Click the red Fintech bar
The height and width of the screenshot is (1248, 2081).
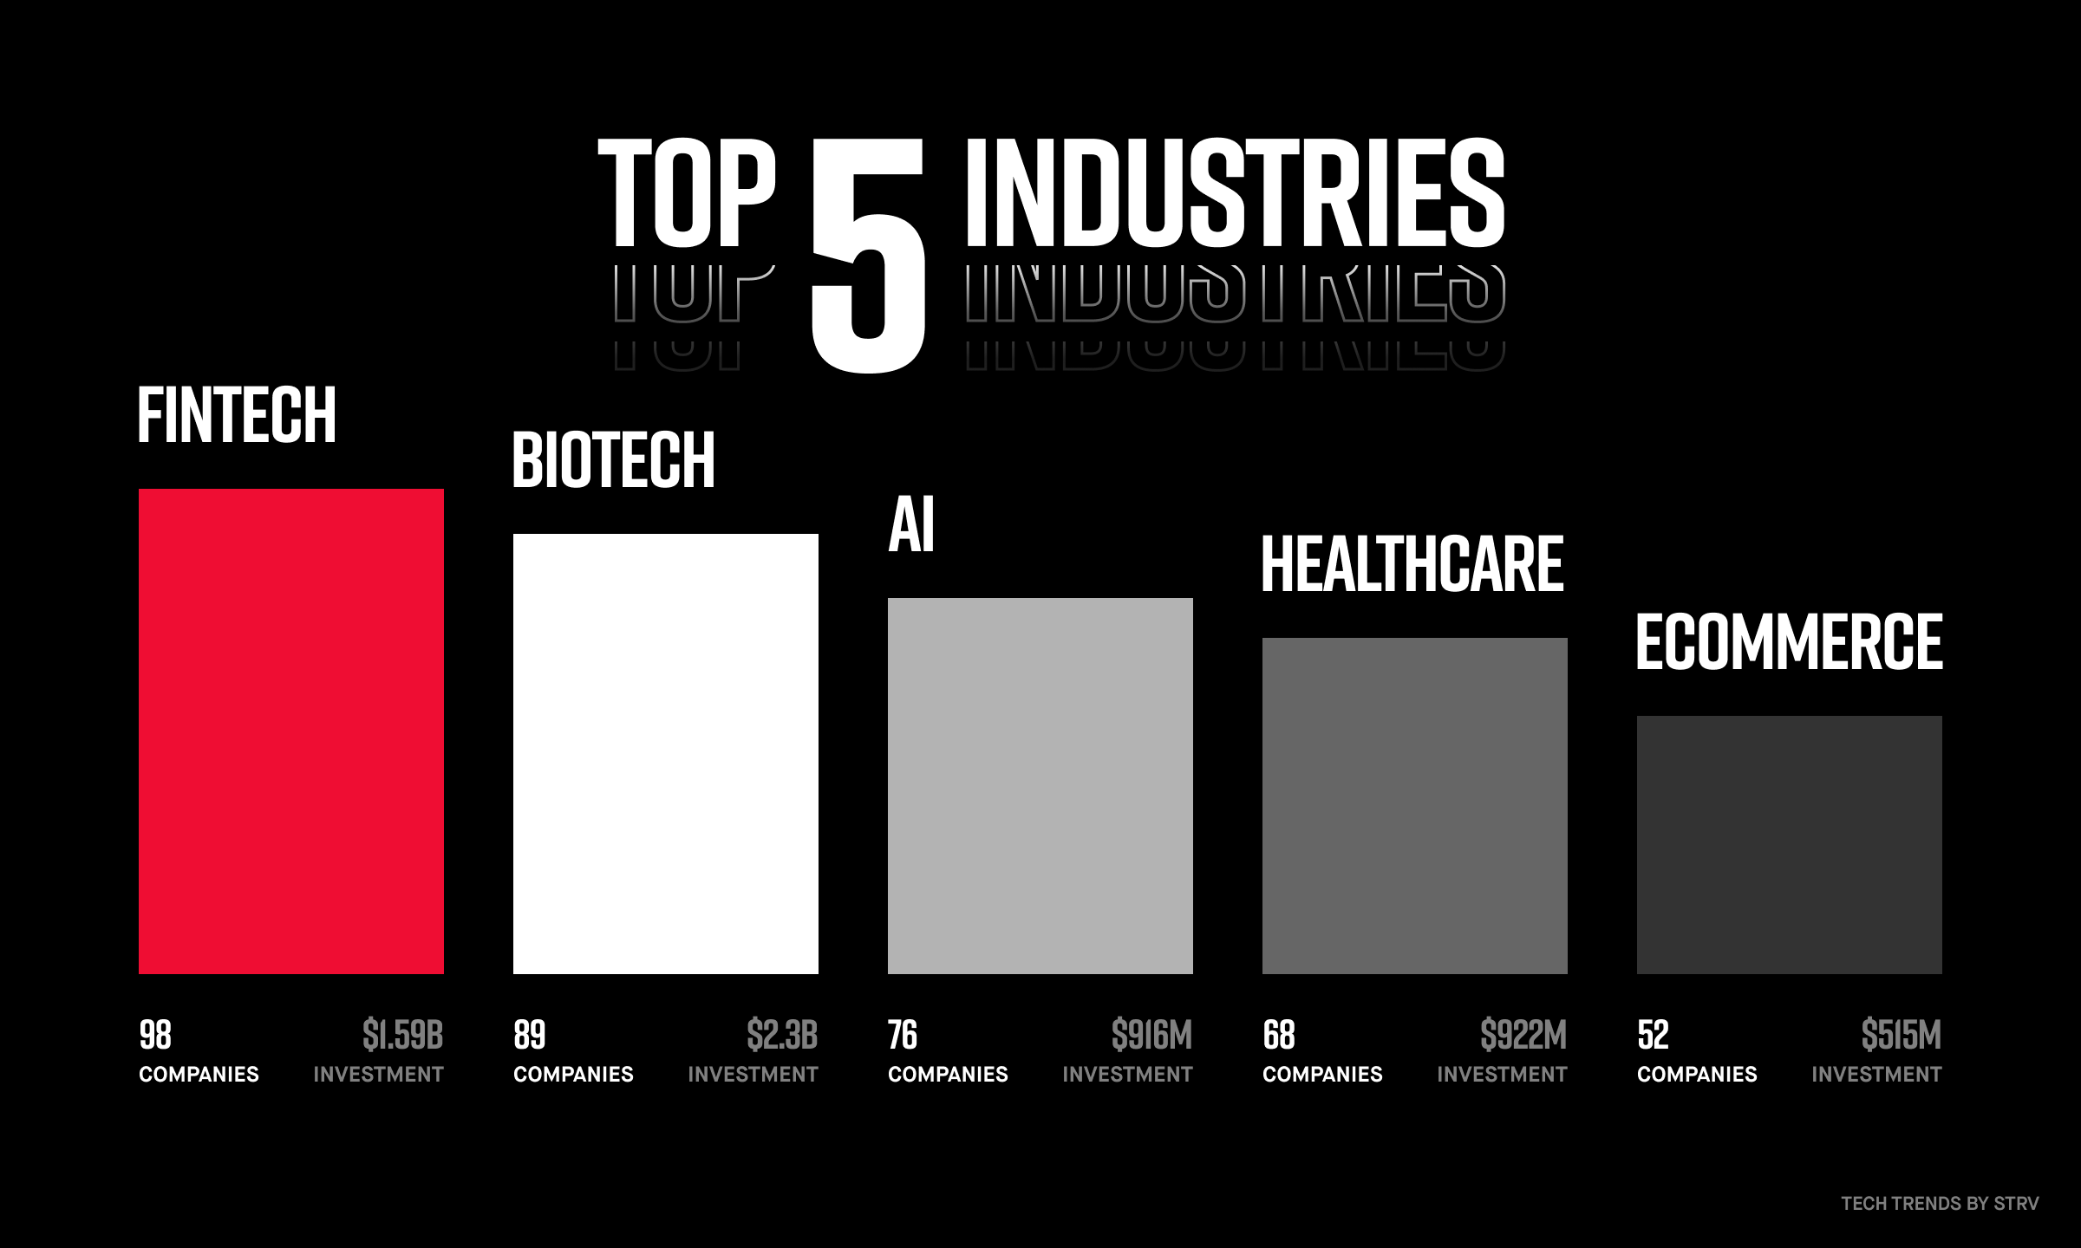(291, 731)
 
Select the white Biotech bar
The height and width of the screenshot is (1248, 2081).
(666, 754)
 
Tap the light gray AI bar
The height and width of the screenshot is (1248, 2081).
(1040, 786)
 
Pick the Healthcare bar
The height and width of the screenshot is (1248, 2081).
(1415, 806)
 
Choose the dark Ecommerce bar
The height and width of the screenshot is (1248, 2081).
(1790, 845)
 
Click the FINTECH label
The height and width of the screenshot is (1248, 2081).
(237, 416)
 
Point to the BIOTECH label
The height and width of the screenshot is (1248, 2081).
(614, 460)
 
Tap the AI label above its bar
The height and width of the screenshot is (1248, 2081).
(911, 525)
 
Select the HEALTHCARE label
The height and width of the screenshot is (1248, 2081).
(1412, 565)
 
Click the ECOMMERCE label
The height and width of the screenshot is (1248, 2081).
(1790, 642)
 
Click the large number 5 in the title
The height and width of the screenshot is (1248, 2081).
(868, 252)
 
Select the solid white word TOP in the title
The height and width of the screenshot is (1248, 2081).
(686, 192)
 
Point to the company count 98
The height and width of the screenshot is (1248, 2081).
(156, 1035)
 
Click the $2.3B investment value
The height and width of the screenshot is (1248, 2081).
(782, 1035)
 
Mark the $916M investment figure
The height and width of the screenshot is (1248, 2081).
(1152, 1035)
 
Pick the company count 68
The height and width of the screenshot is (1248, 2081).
(1279, 1035)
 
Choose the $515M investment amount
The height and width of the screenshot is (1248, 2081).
(1902, 1035)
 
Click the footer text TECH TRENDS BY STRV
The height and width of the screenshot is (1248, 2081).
(1941, 1203)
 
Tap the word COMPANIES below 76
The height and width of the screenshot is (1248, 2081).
(948, 1075)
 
